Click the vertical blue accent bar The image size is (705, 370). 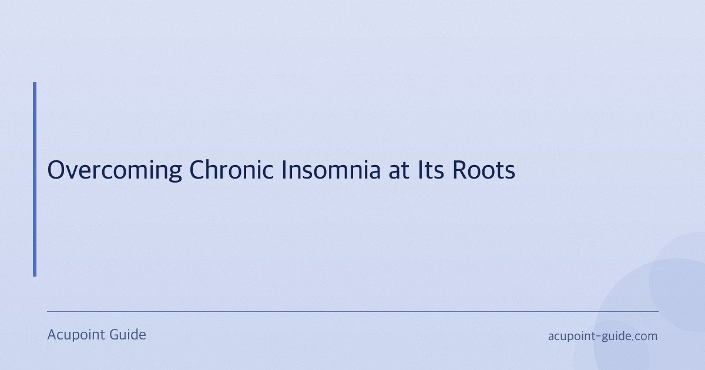tap(35, 179)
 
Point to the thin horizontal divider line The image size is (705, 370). tap(352, 311)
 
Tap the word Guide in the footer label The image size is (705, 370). tap(127, 335)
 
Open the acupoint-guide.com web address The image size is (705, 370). tap(603, 337)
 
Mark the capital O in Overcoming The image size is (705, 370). tap(56, 171)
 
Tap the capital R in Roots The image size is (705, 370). tap(459, 171)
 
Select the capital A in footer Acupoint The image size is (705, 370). tap(52, 335)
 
